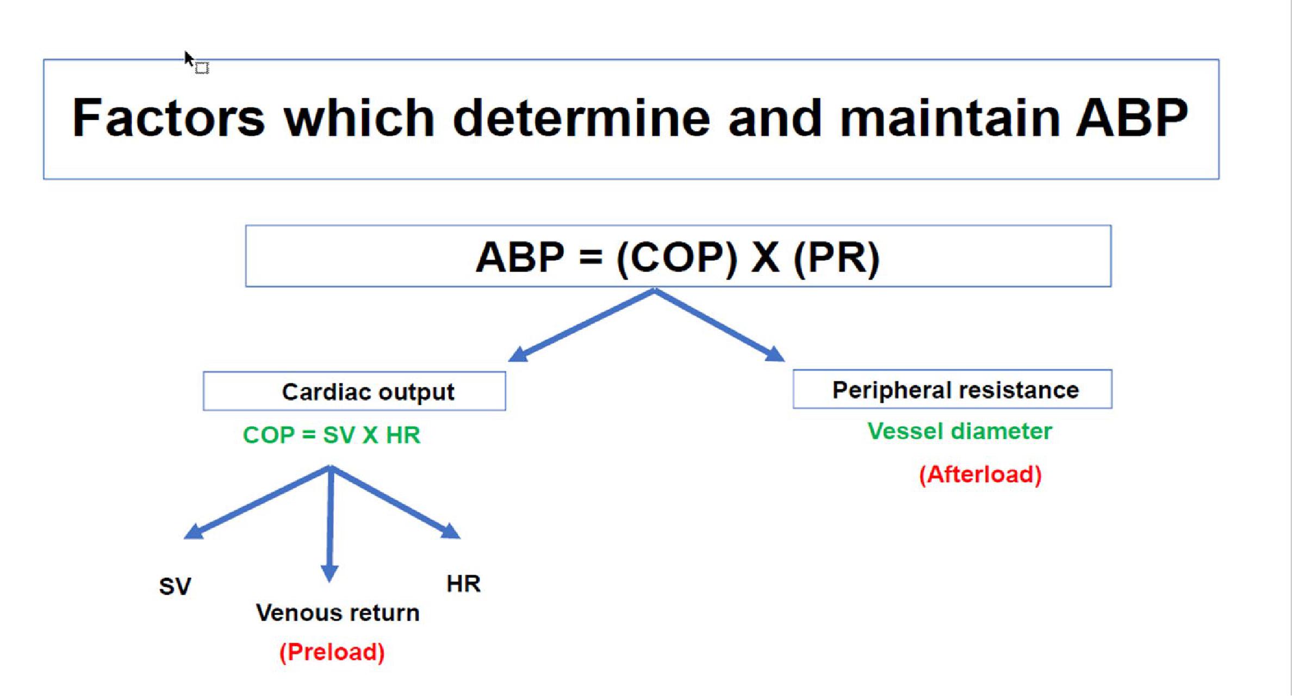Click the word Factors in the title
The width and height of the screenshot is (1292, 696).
169,118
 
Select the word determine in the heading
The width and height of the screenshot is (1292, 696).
581,118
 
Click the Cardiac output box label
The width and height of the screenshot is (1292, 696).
368,392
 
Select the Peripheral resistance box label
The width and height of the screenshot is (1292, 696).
955,390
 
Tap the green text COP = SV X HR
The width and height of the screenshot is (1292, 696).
332,435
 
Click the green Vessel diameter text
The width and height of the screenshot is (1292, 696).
960,431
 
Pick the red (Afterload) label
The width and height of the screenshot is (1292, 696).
980,475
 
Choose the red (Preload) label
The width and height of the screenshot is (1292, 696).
332,652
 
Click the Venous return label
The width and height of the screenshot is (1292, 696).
338,613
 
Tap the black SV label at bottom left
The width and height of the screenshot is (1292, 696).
175,587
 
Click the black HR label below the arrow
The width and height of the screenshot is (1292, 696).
463,584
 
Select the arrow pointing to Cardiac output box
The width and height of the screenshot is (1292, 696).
581,325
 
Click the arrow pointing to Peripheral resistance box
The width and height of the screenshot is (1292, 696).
719,325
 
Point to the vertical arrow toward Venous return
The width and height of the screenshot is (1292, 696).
330,523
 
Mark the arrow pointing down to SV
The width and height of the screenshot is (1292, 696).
257,502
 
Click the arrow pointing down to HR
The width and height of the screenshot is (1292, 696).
395,502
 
